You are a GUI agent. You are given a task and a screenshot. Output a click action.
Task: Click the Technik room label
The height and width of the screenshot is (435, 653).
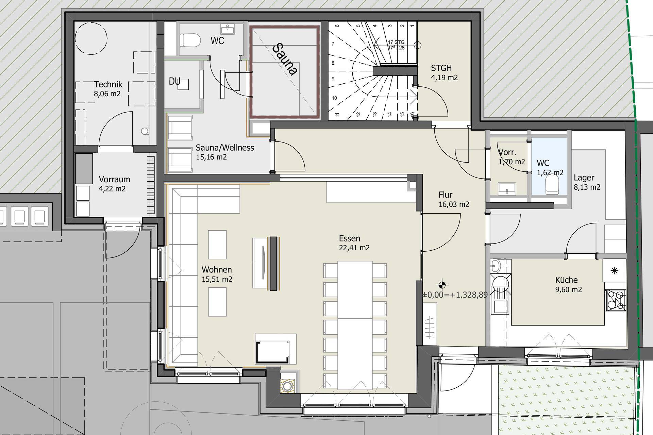click(x=108, y=84)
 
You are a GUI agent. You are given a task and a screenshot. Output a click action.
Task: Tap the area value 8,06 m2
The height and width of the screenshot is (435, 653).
click(x=107, y=94)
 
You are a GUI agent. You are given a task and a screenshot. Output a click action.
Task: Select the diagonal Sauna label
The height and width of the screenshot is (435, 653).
click(x=285, y=58)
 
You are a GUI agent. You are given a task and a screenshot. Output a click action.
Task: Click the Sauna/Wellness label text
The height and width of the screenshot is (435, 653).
click(x=225, y=148)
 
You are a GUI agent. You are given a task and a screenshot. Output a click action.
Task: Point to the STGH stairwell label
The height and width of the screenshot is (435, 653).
click(x=441, y=68)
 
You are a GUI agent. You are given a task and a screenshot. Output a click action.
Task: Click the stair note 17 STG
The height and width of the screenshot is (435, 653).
click(x=396, y=42)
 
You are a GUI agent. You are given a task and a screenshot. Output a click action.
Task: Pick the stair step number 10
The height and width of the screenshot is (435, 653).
click(x=334, y=98)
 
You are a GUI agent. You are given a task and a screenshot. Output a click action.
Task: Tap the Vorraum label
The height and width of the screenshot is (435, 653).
click(x=114, y=179)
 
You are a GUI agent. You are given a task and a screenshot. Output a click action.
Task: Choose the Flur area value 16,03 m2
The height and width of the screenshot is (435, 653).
click(x=454, y=204)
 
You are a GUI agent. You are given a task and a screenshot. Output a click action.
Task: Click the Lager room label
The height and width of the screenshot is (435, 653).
click(x=584, y=178)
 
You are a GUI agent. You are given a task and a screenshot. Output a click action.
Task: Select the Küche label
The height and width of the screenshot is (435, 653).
click(x=566, y=280)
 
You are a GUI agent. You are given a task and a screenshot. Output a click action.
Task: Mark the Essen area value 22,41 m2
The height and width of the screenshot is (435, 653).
click(x=354, y=248)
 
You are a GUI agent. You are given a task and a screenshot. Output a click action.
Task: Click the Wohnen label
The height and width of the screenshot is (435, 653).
click(x=217, y=270)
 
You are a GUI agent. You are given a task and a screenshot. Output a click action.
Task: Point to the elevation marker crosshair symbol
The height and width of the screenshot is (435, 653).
click(x=442, y=285)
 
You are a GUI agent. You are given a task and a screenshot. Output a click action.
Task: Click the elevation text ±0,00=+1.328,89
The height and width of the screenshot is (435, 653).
click(x=455, y=295)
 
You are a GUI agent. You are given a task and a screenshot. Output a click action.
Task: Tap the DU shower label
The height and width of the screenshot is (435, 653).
click(x=174, y=82)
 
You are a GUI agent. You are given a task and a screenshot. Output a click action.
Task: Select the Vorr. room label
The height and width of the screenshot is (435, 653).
click(x=507, y=152)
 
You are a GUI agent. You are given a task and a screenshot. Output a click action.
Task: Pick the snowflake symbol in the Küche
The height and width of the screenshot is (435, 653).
click(x=614, y=271)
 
